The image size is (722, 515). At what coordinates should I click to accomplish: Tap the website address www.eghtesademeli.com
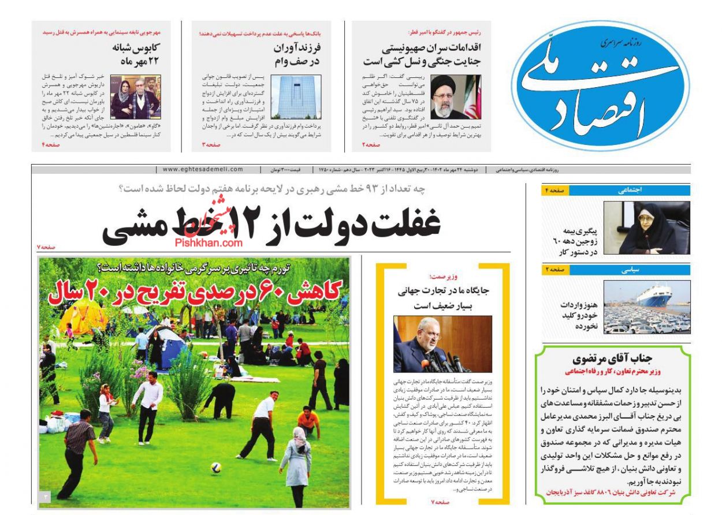(203, 170)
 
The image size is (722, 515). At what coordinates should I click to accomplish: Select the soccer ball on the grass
(215, 467)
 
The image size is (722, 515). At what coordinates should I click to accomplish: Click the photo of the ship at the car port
(647, 307)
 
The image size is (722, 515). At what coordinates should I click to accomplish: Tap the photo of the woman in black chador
(646, 229)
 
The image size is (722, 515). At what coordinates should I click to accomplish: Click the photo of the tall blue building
(296, 98)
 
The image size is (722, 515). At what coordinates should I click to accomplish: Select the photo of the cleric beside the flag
(456, 97)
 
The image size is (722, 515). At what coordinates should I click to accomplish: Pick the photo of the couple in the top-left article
(136, 97)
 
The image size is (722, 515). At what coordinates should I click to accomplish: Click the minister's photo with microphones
(442, 344)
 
